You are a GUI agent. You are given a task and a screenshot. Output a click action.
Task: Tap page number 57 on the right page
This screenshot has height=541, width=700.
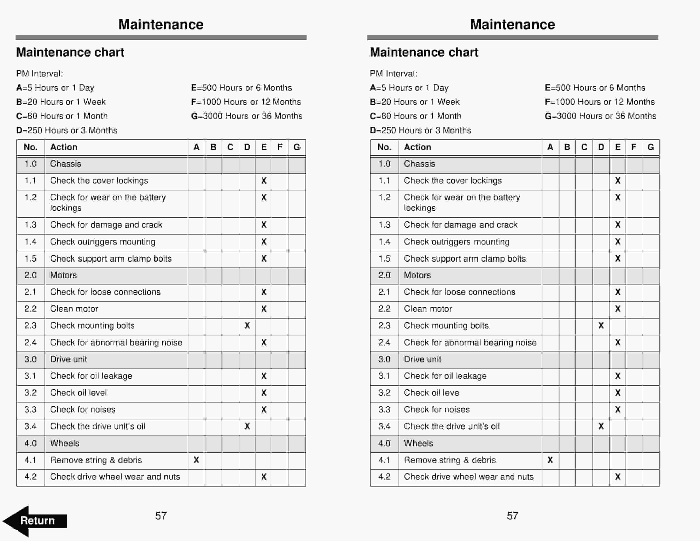coord(512,516)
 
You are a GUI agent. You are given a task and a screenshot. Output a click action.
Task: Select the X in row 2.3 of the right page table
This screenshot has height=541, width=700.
coord(601,326)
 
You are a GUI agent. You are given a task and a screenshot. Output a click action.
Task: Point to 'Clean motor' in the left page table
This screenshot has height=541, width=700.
coord(74,309)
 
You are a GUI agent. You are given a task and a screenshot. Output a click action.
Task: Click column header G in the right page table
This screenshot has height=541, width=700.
coord(650,147)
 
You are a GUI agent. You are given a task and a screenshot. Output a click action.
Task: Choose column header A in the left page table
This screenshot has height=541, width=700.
coord(196,147)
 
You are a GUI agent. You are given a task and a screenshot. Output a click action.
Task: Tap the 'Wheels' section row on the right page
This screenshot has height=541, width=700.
coord(418,443)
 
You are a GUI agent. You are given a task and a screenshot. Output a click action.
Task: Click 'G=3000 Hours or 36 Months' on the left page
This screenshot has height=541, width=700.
coord(246,116)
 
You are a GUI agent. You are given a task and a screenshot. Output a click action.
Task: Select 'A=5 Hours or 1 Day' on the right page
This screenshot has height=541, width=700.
coord(409,88)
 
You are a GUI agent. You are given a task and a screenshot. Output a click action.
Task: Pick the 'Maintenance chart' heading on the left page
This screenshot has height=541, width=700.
coord(70,52)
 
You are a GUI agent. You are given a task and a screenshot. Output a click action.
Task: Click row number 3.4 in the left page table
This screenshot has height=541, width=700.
coord(30,426)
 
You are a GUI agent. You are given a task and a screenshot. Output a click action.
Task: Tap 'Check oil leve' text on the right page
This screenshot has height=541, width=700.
coord(431,393)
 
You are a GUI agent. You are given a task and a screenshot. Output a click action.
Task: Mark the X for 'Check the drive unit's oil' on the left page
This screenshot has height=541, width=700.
coord(247,426)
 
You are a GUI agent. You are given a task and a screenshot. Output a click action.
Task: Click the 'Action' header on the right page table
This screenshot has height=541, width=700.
coord(417,147)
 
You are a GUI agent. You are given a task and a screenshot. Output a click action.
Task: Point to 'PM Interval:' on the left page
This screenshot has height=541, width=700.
coord(39,74)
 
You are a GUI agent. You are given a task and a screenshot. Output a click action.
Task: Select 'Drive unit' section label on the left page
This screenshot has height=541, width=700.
coord(68,359)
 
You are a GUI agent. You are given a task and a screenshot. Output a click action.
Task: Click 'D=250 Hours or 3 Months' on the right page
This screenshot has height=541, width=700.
coord(420,130)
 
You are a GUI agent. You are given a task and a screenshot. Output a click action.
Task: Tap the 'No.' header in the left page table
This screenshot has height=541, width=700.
coord(30,147)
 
